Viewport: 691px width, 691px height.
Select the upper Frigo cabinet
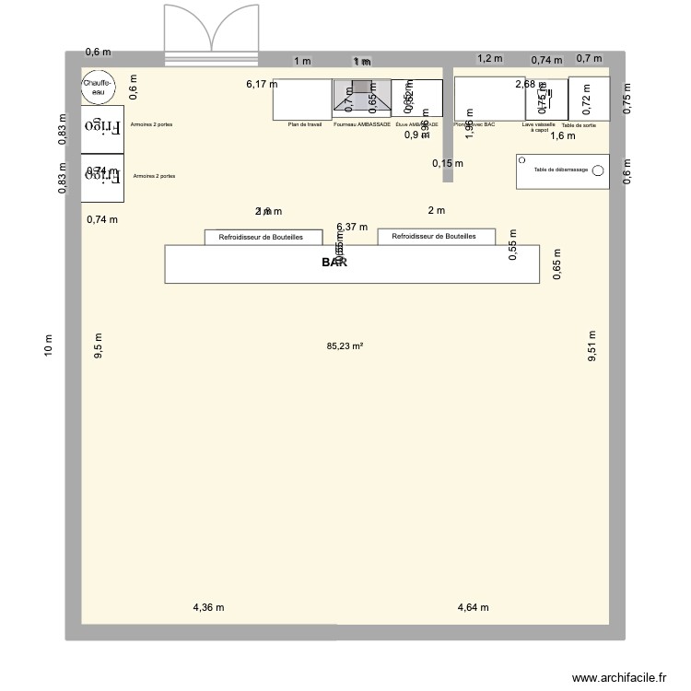(x=101, y=127)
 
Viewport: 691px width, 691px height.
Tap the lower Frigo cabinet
(x=101, y=179)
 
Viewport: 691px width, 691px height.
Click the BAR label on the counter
(x=336, y=263)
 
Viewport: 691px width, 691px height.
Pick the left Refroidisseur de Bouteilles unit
(x=264, y=237)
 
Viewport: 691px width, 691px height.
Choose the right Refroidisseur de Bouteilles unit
(x=436, y=236)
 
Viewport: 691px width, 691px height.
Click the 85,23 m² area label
(x=345, y=347)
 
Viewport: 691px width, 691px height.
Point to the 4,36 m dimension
(x=208, y=607)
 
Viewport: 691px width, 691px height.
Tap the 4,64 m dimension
(x=474, y=607)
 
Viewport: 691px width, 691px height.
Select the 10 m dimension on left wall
(x=49, y=345)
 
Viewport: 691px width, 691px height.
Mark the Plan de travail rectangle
(x=302, y=99)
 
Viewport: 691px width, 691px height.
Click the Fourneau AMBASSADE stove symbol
(x=360, y=99)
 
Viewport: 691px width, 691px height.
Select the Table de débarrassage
(x=562, y=171)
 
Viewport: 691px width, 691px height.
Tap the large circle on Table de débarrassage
(x=597, y=170)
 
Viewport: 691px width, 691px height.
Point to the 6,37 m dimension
(x=352, y=227)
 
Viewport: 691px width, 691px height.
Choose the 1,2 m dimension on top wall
(x=490, y=58)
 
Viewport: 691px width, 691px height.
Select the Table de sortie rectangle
(x=589, y=99)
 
